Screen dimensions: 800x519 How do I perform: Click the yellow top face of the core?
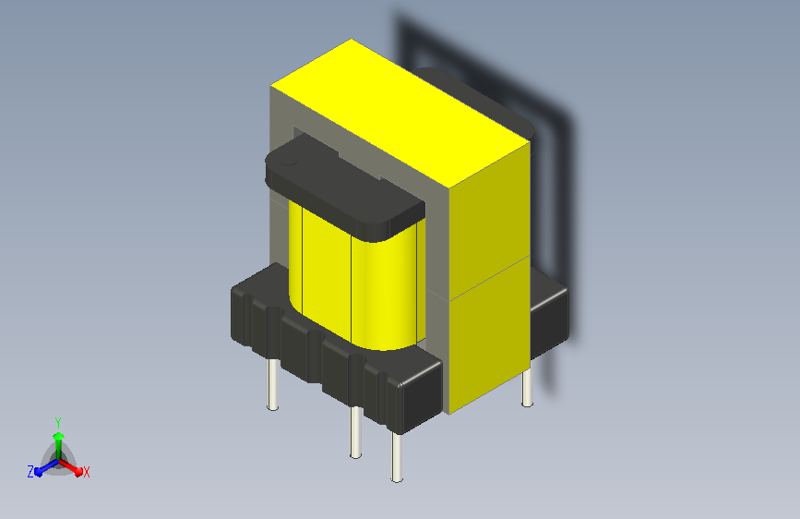(400, 113)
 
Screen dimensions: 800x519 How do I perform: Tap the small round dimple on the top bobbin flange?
(288, 160)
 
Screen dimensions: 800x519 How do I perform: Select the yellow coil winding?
(357, 276)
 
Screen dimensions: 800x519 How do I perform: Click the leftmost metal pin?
(273, 384)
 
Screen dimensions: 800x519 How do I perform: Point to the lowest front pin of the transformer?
(397, 457)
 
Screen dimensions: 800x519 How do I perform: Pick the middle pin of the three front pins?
(355, 431)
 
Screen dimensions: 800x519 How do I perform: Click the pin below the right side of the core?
(527, 387)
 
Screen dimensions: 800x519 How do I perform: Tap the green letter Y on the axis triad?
(58, 423)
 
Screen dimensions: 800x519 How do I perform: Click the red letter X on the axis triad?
(86, 473)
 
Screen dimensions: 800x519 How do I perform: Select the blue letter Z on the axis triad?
(30, 472)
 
